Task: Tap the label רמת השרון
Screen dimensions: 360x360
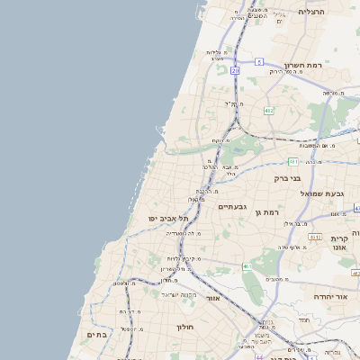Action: [303, 66]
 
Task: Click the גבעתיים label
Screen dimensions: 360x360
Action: [231, 206]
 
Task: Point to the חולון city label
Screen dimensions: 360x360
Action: [185, 327]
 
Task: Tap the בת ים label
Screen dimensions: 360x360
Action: [96, 334]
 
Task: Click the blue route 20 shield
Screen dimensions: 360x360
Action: [236, 69]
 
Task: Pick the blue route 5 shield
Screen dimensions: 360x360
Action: [258, 61]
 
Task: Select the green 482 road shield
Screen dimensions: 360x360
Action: [268, 110]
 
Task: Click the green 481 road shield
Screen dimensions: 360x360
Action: [292, 161]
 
